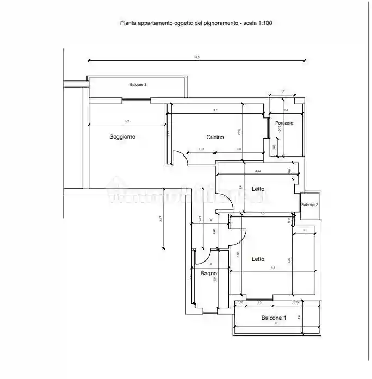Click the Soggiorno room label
tap(122, 137)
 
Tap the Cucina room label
tap(215, 137)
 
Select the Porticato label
tap(284, 123)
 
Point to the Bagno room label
tap(208, 273)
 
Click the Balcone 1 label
tap(273, 318)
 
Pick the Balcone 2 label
tap(309, 205)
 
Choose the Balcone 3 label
tap(138, 85)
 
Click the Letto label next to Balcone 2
tap(258, 189)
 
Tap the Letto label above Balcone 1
tap(258, 259)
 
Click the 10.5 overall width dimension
tap(196, 57)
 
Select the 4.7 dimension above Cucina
tap(215, 110)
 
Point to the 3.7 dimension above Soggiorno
tap(126, 121)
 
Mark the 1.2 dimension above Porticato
tap(282, 91)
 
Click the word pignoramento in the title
tap(215, 23)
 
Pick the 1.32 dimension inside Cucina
tap(201, 149)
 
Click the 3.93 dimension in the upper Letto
tap(258, 171)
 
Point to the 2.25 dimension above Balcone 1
tap(295, 302)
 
